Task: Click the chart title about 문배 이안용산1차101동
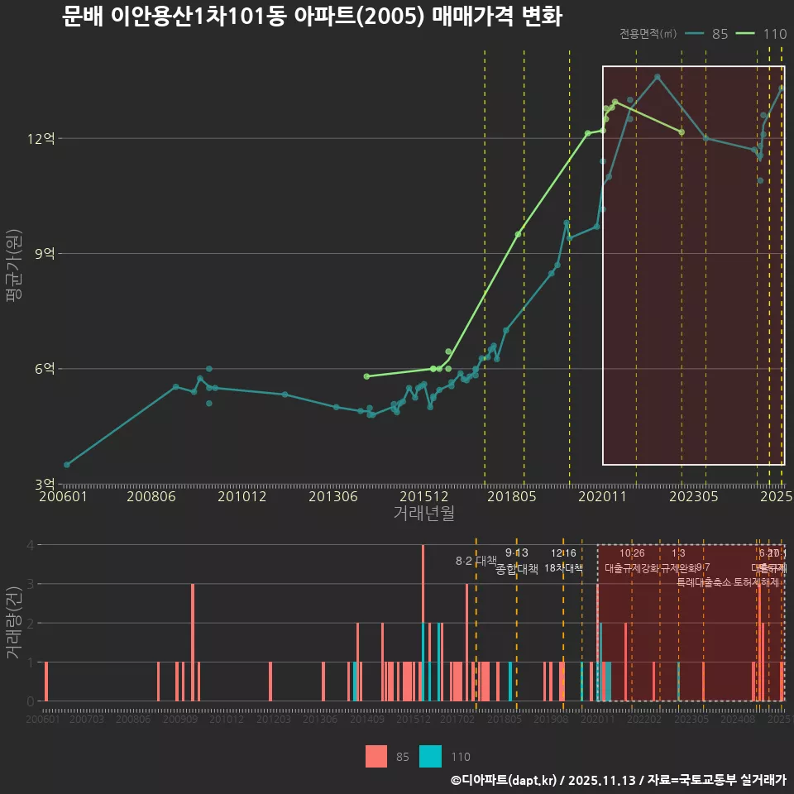coord(312,17)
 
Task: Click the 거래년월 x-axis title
coord(423,514)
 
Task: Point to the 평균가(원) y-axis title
coord(14,269)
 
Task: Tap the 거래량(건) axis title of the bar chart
coord(14,622)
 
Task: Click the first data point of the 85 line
coord(67,465)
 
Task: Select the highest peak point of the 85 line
coord(657,77)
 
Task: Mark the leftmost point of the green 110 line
coord(366,376)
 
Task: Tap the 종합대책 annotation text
coord(516,568)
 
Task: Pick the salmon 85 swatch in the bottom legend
coord(376,756)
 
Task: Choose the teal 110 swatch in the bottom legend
coord(431,756)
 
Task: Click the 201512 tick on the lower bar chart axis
coord(413,720)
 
